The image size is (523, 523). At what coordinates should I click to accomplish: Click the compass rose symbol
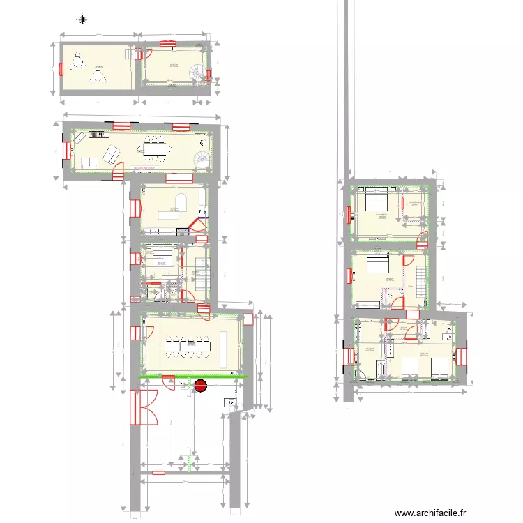pyautogui.click(x=82, y=20)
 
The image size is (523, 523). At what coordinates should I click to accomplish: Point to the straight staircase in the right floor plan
pyautogui.click(x=420, y=275)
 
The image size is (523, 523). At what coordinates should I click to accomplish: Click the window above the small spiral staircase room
pyautogui.click(x=168, y=43)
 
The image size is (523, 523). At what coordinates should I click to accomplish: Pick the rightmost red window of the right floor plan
pyautogui.click(x=460, y=356)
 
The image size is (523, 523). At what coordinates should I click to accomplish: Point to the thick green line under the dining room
pyautogui.click(x=193, y=377)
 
